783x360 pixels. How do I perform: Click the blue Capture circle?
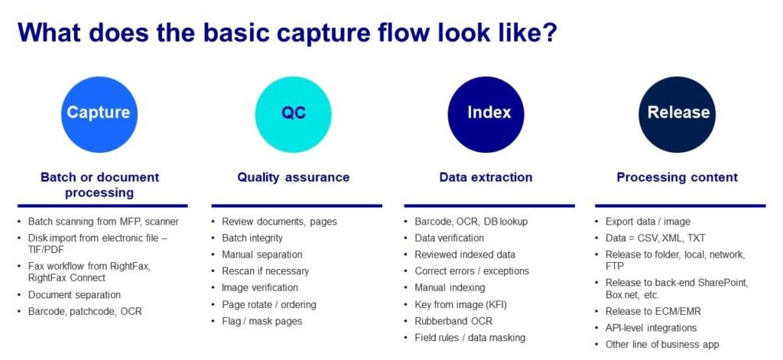tap(98, 113)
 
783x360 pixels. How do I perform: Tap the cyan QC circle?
tap(293, 113)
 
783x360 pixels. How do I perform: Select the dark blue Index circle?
tap(486, 113)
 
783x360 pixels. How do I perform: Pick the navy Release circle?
tap(678, 113)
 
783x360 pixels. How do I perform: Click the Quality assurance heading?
tap(293, 177)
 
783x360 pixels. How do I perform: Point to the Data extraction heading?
tap(486, 177)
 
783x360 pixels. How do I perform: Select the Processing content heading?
tap(677, 177)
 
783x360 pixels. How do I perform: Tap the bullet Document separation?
tap(74, 295)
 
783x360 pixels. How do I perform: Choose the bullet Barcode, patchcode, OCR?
tap(85, 311)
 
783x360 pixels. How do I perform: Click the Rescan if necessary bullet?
tap(265, 271)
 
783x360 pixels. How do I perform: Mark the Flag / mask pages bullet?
tap(262, 321)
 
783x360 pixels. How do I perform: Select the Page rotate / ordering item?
tap(268, 304)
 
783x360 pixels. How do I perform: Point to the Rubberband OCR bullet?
tap(454, 321)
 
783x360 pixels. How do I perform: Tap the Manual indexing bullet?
tap(450, 287)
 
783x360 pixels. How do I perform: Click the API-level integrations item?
tap(651, 328)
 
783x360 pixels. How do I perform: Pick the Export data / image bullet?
tap(647, 222)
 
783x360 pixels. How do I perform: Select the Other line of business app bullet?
tap(662, 345)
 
